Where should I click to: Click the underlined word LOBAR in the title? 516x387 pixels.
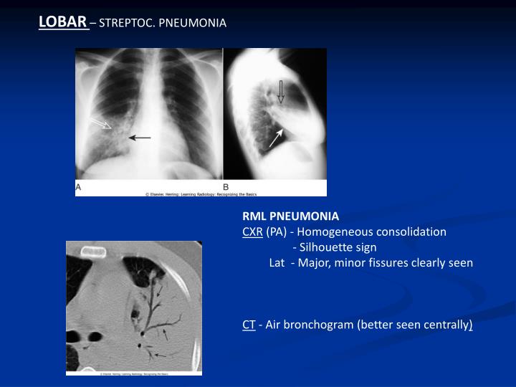[x=62, y=22]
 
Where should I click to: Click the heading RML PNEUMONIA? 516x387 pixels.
[x=290, y=216]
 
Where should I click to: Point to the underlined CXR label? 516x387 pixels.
[x=252, y=231]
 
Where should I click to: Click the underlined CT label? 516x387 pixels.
[x=249, y=325]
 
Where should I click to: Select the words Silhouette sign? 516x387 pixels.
[x=339, y=247]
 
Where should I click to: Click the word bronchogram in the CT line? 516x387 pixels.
[x=322, y=325]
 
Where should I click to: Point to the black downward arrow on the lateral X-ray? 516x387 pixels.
[x=281, y=92]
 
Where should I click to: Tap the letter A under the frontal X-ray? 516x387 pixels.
[x=79, y=186]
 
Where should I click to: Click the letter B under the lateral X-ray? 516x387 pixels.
[x=226, y=186]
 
